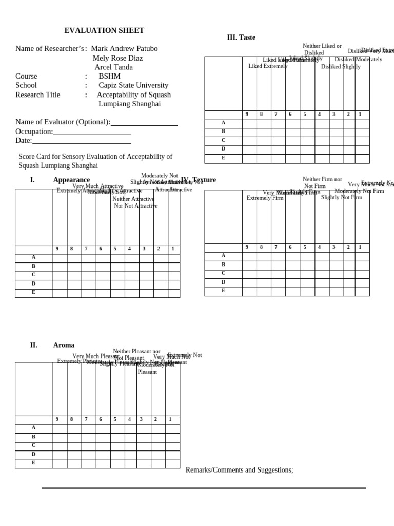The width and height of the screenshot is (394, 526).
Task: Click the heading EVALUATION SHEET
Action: (104, 31)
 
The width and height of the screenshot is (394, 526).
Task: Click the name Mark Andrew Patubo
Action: (124, 49)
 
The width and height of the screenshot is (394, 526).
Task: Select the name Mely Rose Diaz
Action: (117, 58)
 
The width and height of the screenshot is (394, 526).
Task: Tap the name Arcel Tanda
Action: (113, 67)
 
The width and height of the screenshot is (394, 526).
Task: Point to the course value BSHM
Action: (109, 77)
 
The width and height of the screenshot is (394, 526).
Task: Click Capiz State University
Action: (133, 85)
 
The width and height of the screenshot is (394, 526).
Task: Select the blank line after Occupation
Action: (92, 132)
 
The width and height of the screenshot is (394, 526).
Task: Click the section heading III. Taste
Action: (241, 37)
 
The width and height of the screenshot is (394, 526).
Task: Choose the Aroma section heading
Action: (64, 345)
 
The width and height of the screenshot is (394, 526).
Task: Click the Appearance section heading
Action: (71, 180)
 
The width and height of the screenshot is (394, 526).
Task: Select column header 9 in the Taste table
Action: (247, 115)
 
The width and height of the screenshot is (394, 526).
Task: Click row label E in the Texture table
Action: (223, 291)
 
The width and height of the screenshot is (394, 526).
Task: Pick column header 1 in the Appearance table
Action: (173, 249)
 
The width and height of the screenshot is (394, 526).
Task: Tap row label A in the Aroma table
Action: (33, 428)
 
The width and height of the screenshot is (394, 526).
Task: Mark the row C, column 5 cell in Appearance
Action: (117, 275)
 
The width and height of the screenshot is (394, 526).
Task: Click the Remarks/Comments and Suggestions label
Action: (239, 470)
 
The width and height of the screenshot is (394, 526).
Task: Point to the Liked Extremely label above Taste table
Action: (268, 66)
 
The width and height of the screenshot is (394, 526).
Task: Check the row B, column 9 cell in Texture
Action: (249, 265)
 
